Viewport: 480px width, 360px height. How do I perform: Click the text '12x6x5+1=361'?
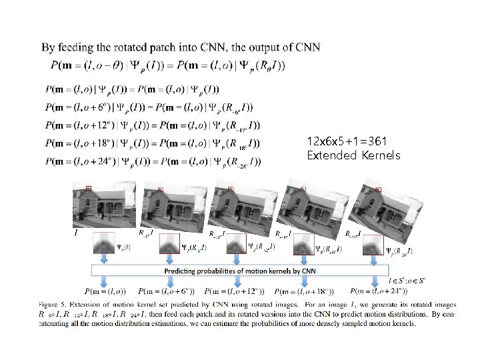(346, 141)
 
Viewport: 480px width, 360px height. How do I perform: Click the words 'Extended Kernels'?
(353, 155)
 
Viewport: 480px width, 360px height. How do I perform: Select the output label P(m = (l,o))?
(106, 291)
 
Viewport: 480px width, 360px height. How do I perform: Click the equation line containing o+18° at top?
(152, 143)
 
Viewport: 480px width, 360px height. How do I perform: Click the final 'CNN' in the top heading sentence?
(307, 47)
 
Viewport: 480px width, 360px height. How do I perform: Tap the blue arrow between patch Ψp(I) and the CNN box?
(104, 259)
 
